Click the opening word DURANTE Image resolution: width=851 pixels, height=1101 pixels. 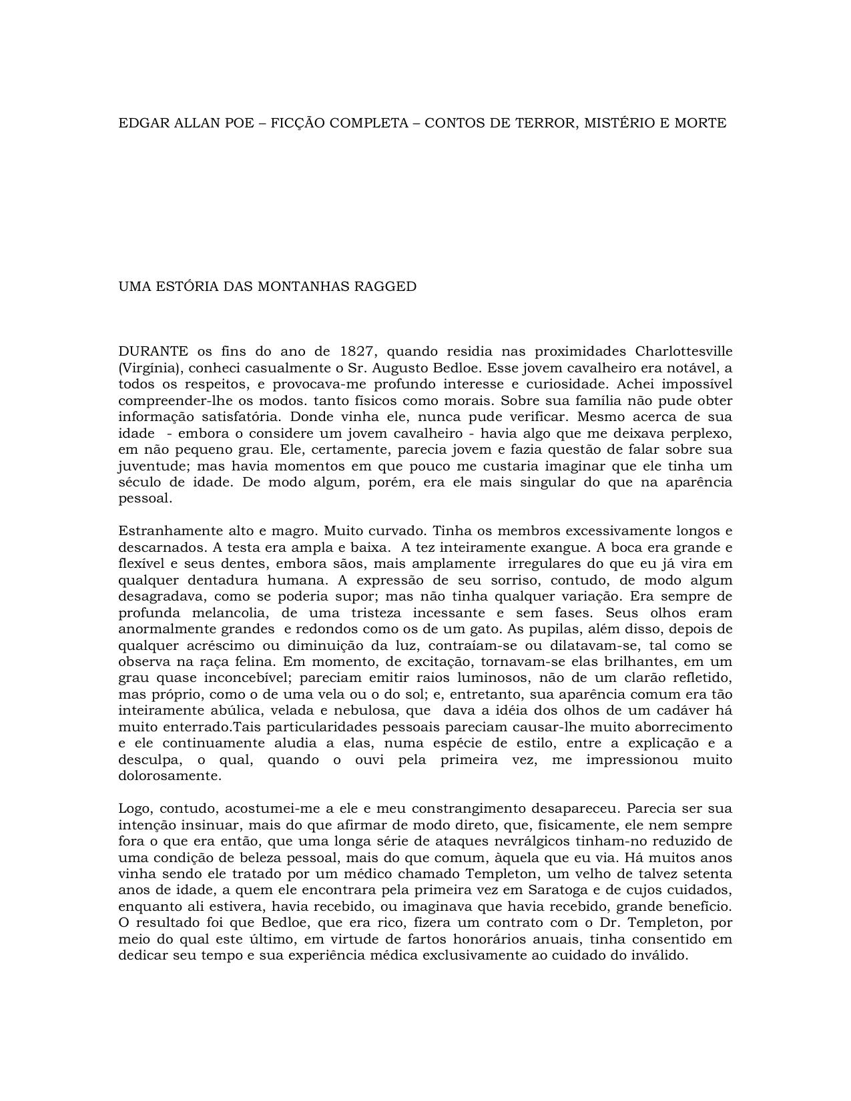(x=153, y=352)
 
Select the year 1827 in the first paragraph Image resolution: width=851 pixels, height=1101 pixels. (x=356, y=352)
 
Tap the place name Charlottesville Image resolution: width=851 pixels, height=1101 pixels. (x=683, y=352)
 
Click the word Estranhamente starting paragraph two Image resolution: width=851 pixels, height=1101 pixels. (x=162, y=531)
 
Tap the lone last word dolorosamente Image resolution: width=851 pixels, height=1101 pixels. (x=170, y=776)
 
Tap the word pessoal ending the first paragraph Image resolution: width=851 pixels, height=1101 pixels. (x=145, y=498)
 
